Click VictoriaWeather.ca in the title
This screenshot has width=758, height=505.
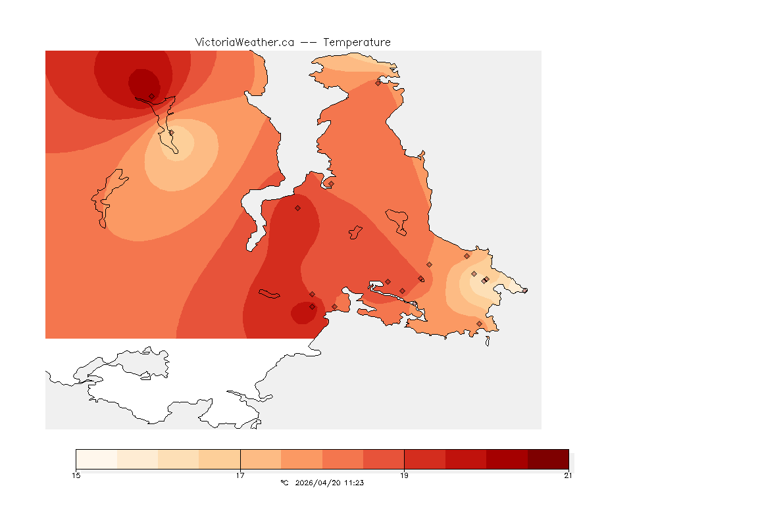point(244,42)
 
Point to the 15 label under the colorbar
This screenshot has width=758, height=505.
point(76,475)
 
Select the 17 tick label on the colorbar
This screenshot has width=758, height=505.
point(240,475)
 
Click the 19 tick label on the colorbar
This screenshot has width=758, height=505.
point(404,475)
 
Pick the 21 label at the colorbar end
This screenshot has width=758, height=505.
point(568,475)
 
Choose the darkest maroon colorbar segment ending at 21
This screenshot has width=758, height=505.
point(548,459)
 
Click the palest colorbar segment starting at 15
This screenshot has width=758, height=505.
point(97,459)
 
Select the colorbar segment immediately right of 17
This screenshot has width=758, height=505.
point(261,459)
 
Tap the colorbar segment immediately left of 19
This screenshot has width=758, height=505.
point(384,459)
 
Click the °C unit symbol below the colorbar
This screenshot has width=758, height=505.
point(284,483)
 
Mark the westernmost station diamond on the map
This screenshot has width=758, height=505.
point(152,96)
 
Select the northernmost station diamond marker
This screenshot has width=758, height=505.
point(378,83)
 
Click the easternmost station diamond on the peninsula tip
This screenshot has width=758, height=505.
point(524,291)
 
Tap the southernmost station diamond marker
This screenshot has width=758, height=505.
point(479,324)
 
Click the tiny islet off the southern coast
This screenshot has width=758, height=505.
point(488,341)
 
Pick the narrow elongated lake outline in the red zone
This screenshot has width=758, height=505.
point(270,294)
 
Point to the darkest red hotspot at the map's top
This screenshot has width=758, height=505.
point(141,82)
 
